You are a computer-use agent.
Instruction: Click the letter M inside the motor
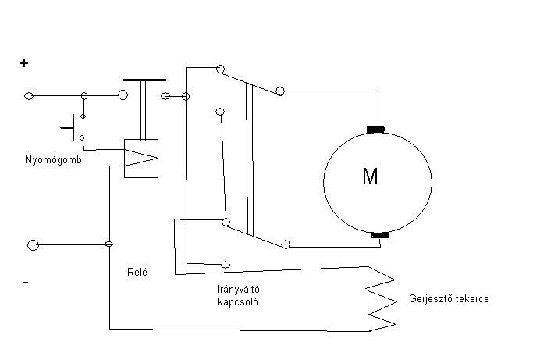pos(370,176)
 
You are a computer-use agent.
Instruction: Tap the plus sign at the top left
pos(24,64)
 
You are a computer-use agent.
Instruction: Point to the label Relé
pos(137,273)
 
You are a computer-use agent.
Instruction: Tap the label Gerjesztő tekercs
pos(448,299)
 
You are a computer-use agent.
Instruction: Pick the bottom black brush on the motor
pos(381,234)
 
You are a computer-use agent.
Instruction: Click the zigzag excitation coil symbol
pos(381,298)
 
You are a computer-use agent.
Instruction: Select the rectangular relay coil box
pos(141,158)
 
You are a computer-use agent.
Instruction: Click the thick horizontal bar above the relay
pos(144,80)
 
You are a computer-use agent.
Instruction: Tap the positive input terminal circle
pos(30,95)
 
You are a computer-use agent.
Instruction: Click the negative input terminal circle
pos(32,245)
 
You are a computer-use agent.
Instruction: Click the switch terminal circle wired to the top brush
pos(280,92)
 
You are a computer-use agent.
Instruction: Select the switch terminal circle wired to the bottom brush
pos(286,244)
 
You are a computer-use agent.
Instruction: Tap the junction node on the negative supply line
pos(108,245)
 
